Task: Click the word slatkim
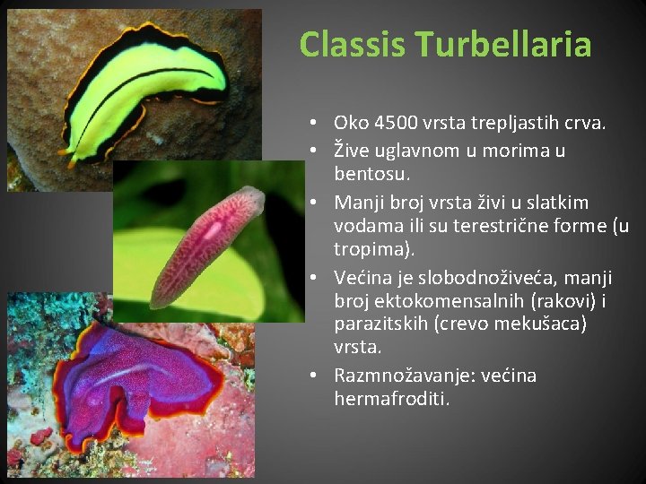click(x=558, y=203)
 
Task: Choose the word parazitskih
click(x=380, y=324)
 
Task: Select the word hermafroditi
click(x=391, y=399)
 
